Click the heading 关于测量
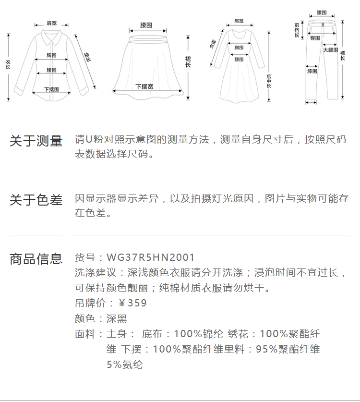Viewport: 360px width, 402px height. pos(36,141)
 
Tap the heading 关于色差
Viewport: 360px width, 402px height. pos(36,200)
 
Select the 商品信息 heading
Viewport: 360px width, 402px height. pos(36,259)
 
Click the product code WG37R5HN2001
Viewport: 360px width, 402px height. pos(151,258)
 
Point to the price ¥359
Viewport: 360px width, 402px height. pos(132,303)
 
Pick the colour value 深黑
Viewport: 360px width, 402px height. pos(117,318)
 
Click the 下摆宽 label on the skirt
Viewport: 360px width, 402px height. pos(144,87)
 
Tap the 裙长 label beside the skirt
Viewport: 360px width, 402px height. pos(188,61)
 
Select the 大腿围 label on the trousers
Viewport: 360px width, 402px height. pos(330,50)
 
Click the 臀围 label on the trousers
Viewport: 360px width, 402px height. pos(315,38)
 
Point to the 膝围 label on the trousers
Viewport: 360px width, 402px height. pos(312,71)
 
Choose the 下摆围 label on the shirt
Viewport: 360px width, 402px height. pos(51,89)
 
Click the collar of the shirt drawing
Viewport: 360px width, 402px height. pos(50,35)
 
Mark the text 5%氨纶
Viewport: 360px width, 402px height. pos(124,365)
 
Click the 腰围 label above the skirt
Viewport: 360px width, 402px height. pos(146,25)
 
